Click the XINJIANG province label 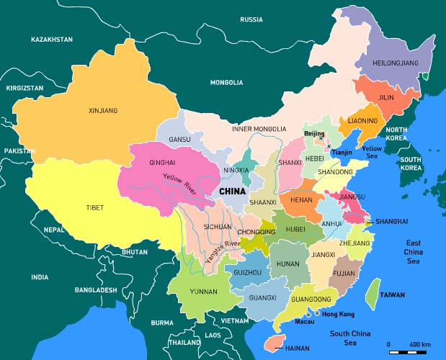(x=103, y=111)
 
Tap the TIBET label (x=94, y=207)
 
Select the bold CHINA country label (x=232, y=192)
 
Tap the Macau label (x=305, y=322)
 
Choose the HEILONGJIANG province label (x=396, y=63)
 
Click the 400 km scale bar (x=408, y=352)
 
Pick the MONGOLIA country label (x=226, y=83)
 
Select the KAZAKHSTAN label (x=52, y=39)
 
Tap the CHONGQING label (x=257, y=232)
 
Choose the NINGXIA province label (x=236, y=171)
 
